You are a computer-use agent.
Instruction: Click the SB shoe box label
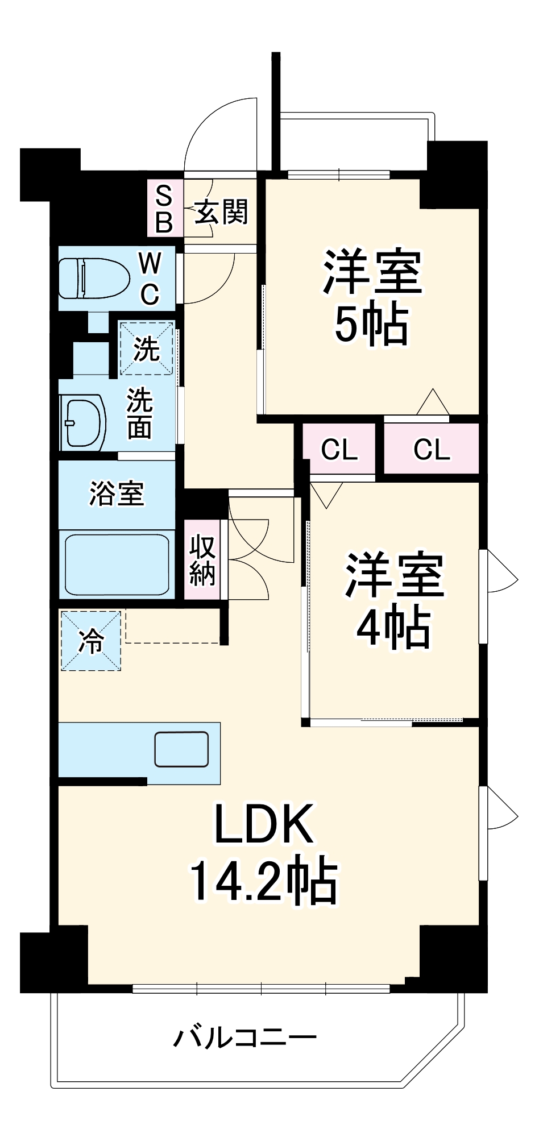tap(164, 209)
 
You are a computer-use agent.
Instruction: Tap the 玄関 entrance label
tap(221, 211)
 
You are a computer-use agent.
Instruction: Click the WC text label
tap(150, 278)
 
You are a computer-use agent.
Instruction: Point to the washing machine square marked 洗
tap(146, 348)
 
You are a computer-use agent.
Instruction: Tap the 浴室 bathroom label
tap(117, 493)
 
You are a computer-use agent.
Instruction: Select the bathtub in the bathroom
tap(117, 564)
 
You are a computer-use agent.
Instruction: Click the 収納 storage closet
tap(202, 561)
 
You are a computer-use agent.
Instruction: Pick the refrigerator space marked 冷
tap(91, 641)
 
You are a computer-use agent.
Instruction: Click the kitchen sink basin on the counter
tap(181, 749)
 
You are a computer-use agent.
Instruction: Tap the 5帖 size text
tap(371, 326)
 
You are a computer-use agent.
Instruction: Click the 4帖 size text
tap(392, 628)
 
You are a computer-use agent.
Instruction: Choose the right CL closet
tap(432, 450)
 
